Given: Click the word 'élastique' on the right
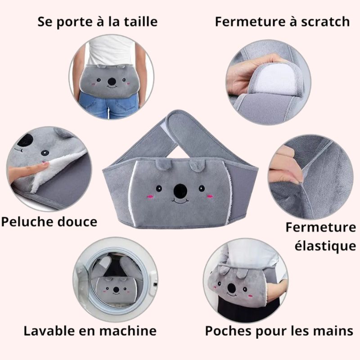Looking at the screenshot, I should tap(325, 246).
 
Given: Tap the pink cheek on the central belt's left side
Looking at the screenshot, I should tap(150, 196).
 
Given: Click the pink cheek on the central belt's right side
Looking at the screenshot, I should tap(208, 196).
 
